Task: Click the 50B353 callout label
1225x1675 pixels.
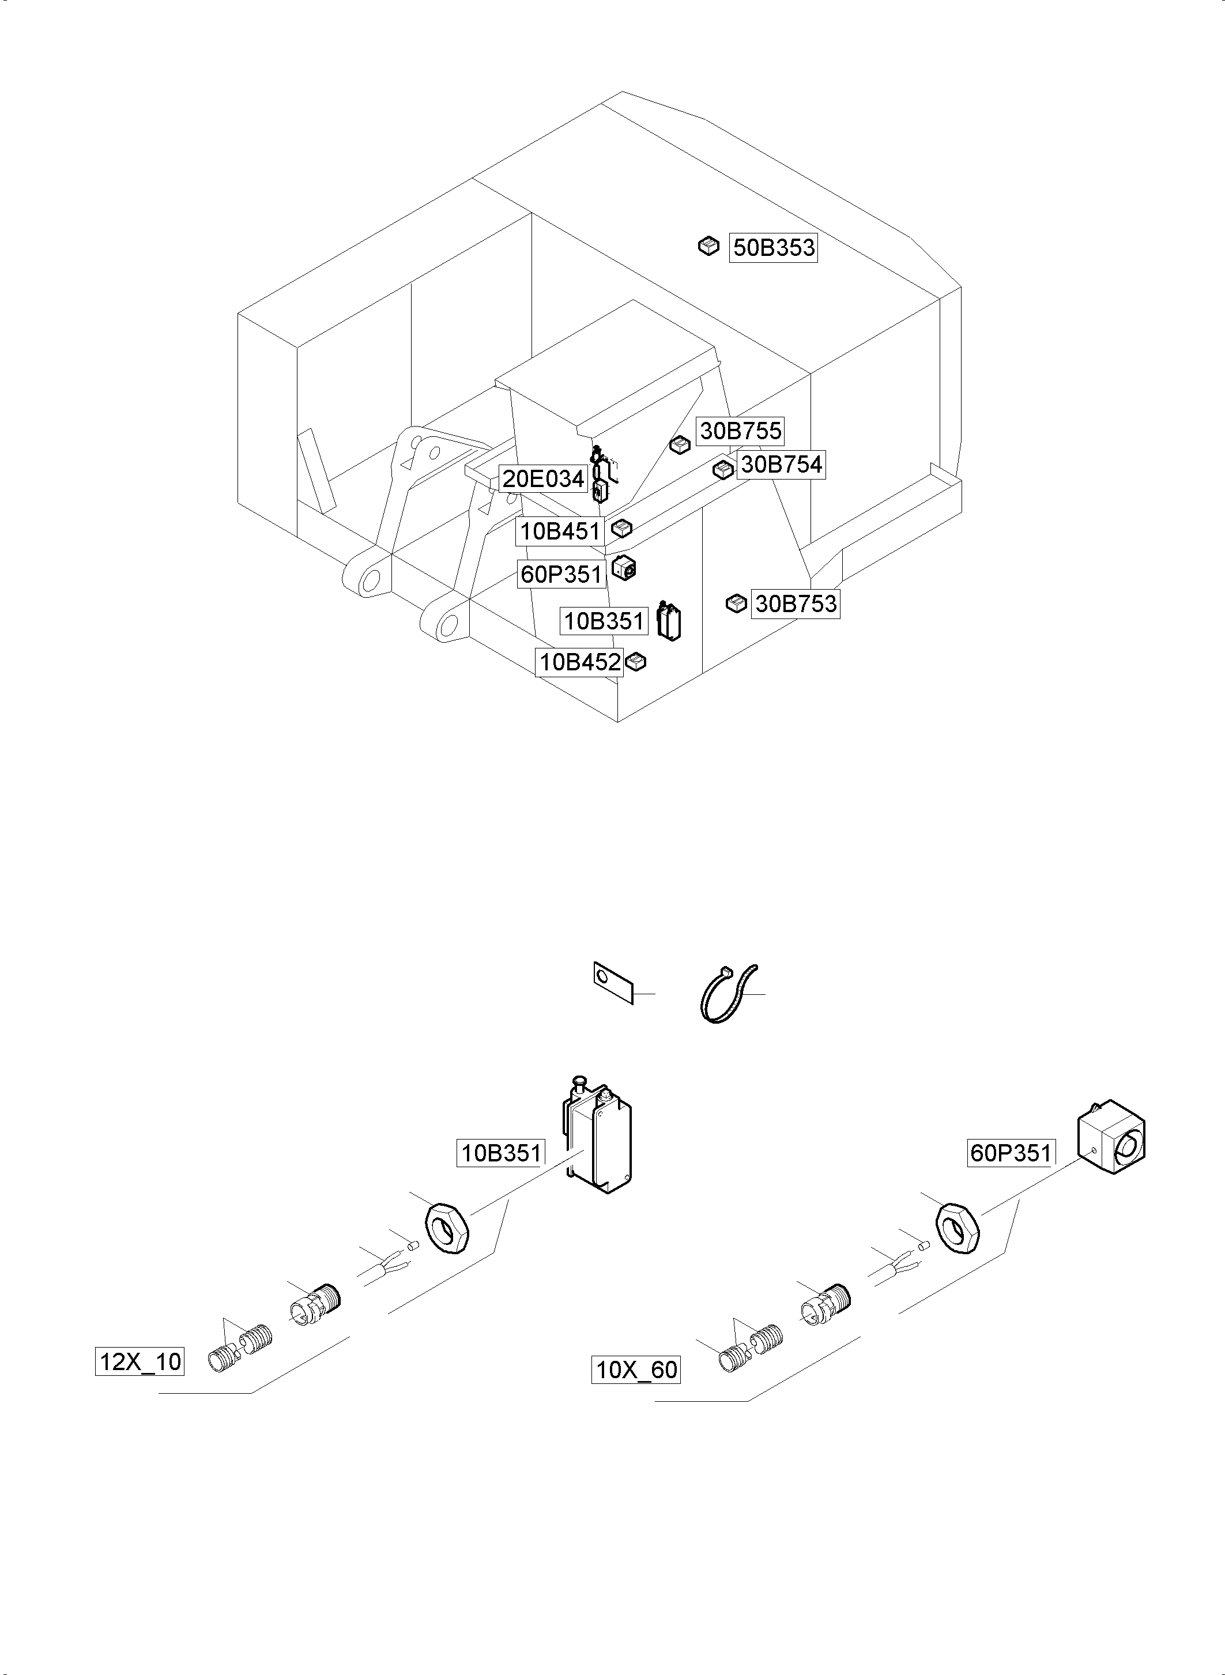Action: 774,248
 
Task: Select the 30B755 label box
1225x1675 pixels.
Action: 740,431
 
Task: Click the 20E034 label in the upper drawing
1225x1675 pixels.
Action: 544,479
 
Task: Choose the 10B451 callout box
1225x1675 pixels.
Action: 560,531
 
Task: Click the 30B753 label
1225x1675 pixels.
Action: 796,603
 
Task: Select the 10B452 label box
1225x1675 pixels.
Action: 579,662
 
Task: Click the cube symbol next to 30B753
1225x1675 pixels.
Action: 736,603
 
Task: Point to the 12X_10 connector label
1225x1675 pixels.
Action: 140,1361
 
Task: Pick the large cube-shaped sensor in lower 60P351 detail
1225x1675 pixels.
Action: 1110,1146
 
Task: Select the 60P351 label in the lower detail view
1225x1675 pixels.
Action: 1011,1153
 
